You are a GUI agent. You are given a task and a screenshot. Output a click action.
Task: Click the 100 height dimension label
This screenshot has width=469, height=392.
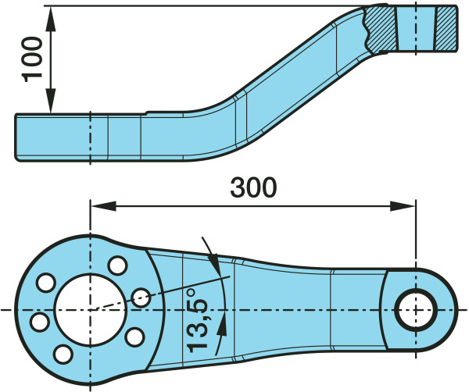pos(32,59)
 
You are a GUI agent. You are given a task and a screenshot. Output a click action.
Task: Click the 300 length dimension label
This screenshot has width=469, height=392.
pos(253,187)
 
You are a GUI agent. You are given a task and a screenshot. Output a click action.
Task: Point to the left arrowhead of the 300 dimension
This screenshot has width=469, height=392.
pos(103,206)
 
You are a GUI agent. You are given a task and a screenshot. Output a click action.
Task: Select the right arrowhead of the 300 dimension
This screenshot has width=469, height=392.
pos(403,206)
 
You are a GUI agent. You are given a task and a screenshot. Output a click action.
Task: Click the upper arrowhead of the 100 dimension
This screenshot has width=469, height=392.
pos(51,19)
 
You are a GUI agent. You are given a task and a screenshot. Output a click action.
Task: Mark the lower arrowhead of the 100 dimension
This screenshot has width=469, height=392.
pos(51,101)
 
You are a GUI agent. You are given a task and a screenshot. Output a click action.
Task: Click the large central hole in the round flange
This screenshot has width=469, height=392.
pos(91,310)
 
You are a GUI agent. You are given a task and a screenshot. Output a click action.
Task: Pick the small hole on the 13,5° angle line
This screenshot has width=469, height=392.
pos(141,298)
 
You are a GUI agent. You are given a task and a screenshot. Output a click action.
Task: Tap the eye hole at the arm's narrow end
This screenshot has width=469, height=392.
pos(416,310)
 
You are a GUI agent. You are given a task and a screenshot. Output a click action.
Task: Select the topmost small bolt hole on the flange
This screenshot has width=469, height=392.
pos(117,265)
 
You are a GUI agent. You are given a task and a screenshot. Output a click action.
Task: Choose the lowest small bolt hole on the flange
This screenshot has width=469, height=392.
pos(63,354)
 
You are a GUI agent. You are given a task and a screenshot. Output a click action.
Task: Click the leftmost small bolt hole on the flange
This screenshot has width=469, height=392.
pos(41,322)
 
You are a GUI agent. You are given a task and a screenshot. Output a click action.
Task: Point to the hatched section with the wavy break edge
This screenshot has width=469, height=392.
pos(381,29)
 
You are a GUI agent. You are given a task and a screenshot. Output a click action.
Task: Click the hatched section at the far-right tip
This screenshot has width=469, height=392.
pos(446,29)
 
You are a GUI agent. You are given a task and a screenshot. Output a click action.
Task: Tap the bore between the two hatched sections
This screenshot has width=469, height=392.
pos(416,29)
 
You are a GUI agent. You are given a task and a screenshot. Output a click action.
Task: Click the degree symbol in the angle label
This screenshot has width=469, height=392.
pos(192,292)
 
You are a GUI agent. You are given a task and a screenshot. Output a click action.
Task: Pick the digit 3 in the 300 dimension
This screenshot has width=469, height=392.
pos(238,187)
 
